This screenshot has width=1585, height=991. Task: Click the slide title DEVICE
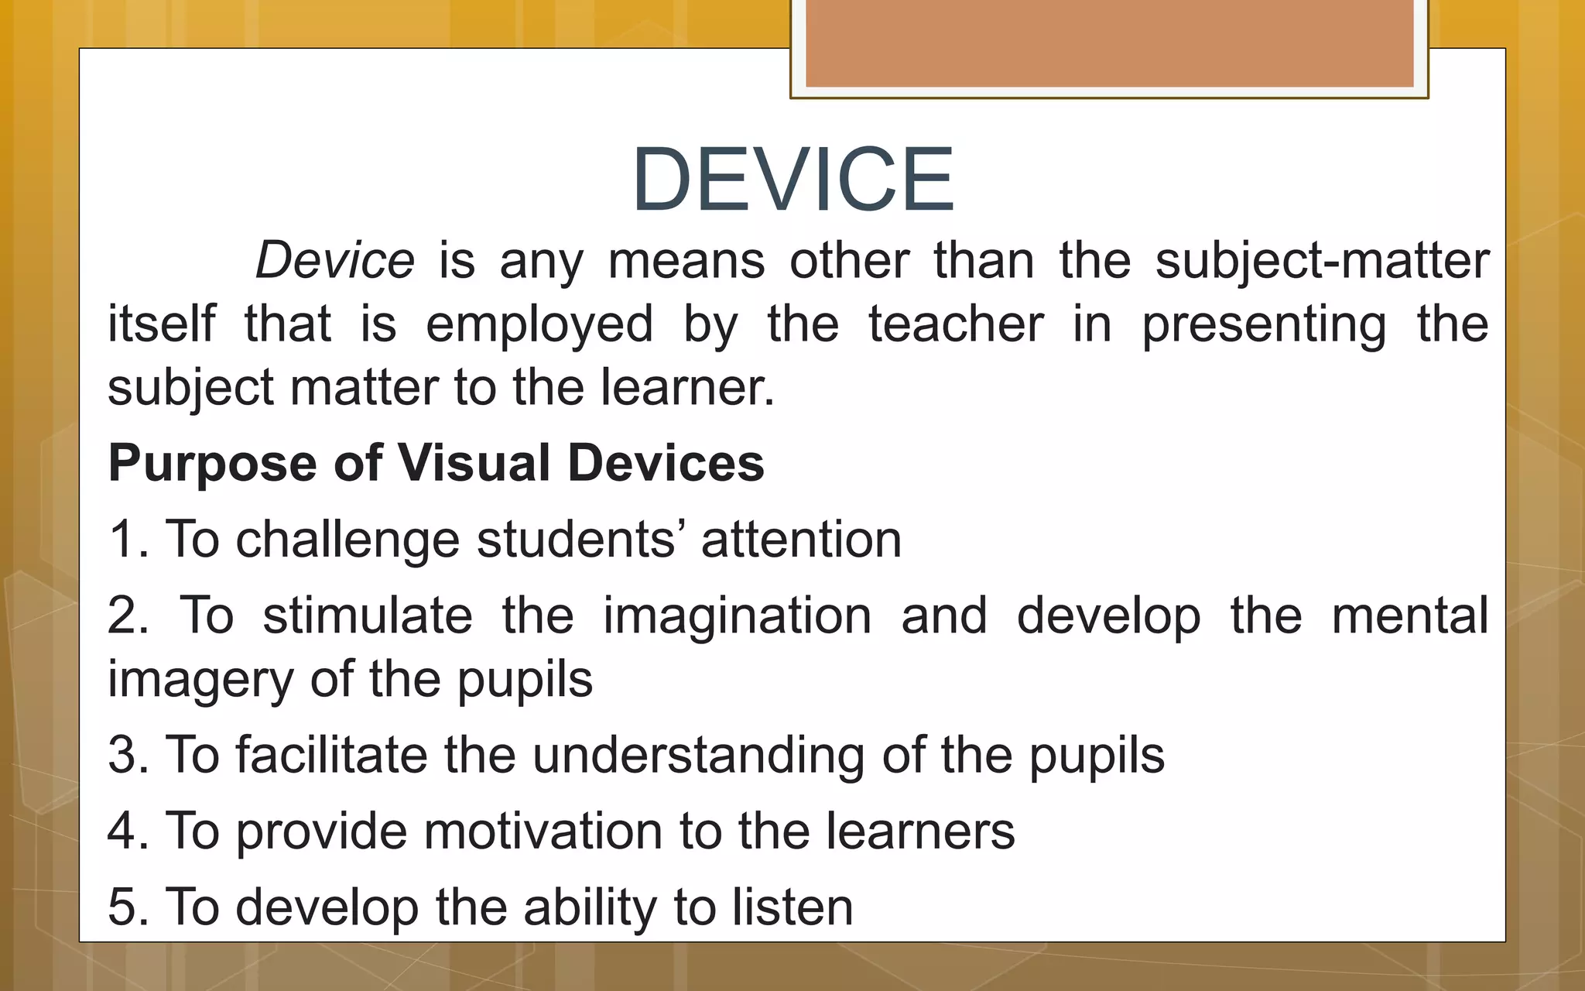793,180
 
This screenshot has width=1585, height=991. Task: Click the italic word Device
334,261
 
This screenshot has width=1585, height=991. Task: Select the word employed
539,325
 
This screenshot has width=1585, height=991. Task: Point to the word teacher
956,324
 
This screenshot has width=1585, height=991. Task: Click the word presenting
1264,325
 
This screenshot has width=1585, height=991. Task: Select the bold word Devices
666,463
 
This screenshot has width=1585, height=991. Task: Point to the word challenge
347,540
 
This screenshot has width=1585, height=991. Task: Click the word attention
801,540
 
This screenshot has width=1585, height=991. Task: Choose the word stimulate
368,616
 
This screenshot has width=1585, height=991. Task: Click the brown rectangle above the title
1109,43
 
